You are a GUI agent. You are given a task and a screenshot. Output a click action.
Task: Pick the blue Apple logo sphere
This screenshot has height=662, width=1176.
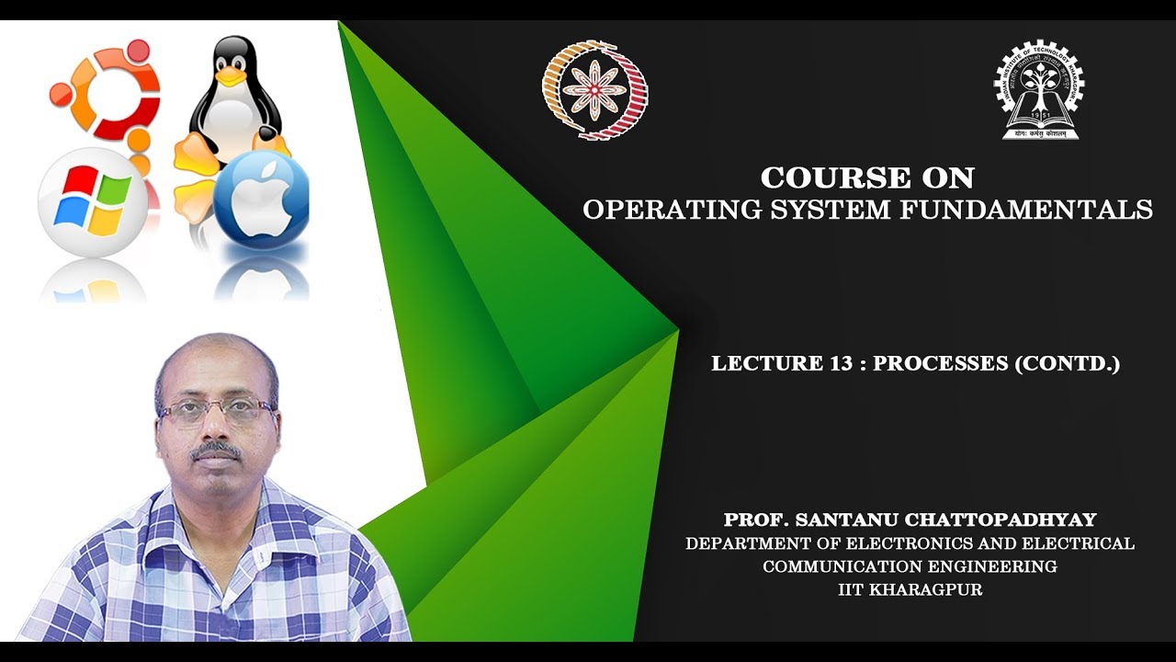point(261,199)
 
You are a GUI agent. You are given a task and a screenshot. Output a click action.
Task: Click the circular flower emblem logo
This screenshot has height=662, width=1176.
point(594,89)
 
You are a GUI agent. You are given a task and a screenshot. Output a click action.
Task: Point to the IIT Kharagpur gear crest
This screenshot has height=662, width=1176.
point(1039,90)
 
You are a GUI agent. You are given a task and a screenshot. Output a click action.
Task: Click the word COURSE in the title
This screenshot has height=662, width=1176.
point(827,177)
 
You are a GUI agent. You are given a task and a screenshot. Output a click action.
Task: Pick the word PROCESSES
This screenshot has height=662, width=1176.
point(940,363)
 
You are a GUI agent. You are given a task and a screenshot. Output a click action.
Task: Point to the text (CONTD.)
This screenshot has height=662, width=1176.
point(1067,363)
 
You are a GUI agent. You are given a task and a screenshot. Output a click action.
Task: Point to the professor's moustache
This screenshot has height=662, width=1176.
point(217,451)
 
